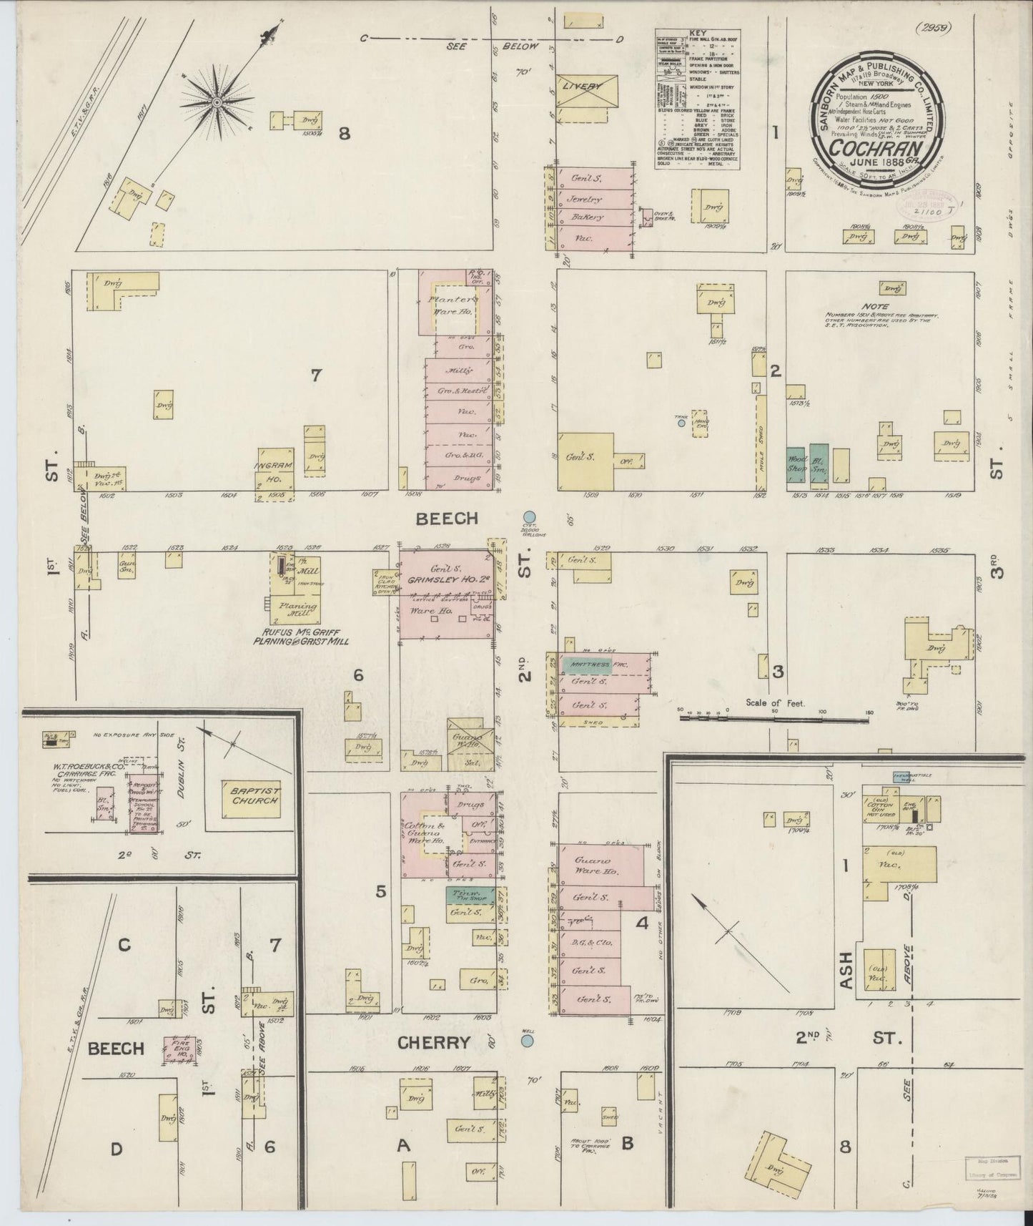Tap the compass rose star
point(216,103)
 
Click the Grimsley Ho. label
point(445,582)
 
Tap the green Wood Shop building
point(796,464)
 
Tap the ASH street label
point(846,971)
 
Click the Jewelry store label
point(586,199)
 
